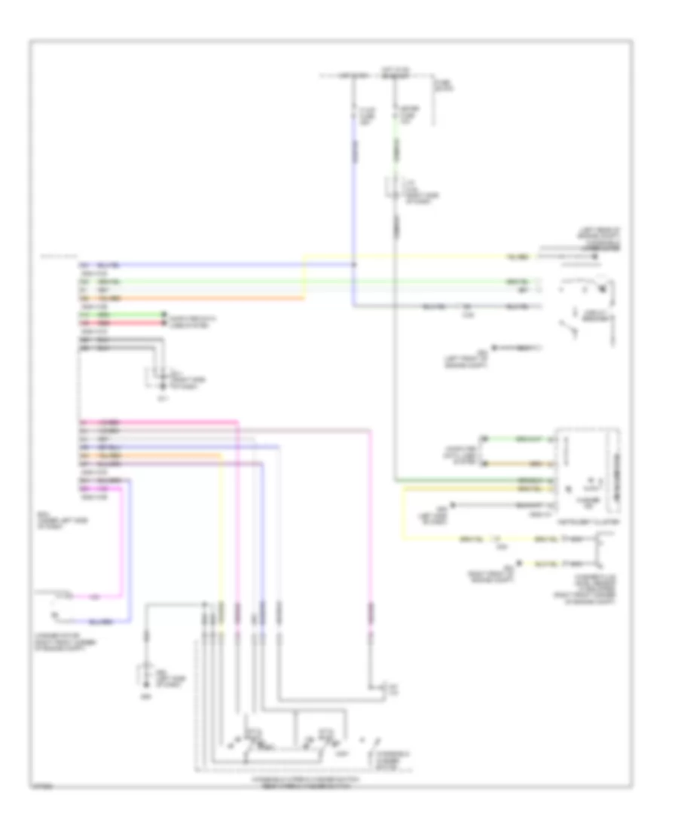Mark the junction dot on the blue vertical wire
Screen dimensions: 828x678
[x=354, y=265]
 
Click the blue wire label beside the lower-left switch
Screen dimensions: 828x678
[x=103, y=622]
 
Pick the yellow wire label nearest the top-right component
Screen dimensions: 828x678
[x=518, y=257]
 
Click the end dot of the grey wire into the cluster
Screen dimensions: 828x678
[x=451, y=504]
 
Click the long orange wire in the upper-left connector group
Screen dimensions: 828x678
[x=188, y=299]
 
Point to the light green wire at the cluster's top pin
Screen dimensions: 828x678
[x=520, y=438]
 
